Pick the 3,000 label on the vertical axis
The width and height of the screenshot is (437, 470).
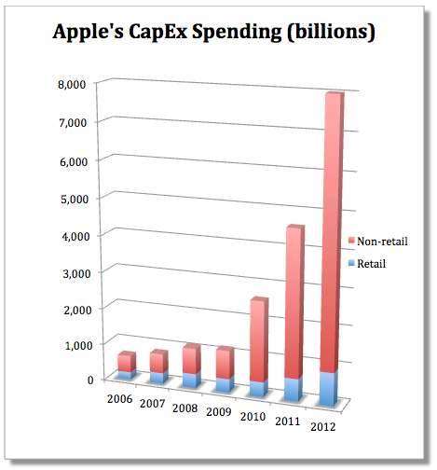(x=72, y=269)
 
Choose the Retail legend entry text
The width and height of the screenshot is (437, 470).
(x=370, y=263)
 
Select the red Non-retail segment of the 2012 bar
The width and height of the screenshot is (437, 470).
(x=331, y=233)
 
